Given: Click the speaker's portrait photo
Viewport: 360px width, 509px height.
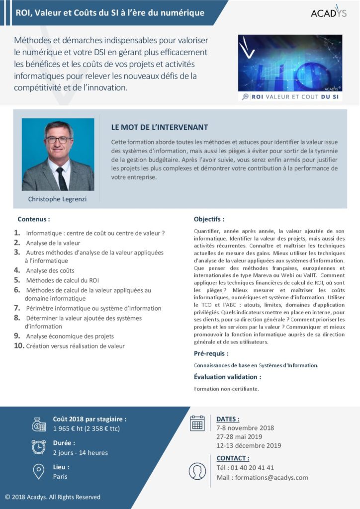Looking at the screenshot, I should pyautogui.click(x=58, y=154).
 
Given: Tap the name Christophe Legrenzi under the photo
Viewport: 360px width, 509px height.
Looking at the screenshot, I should pyautogui.click(x=58, y=199).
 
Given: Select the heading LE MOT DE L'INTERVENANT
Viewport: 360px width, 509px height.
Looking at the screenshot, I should pyautogui.click(x=160, y=128).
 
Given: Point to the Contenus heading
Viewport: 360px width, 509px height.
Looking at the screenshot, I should pyautogui.click(x=34, y=219).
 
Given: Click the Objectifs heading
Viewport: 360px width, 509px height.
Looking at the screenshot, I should pyautogui.click(x=209, y=219).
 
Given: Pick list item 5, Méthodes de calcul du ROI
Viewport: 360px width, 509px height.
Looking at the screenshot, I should pyautogui.click(x=63, y=280).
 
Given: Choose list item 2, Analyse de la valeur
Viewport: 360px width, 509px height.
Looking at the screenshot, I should pyautogui.click(x=53, y=243).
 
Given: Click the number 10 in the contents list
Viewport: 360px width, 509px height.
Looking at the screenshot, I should pyautogui.click(x=19, y=346).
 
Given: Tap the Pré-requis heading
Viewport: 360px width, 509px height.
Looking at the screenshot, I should pyautogui.click(x=211, y=353).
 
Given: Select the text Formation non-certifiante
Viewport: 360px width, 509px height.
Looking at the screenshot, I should pyautogui.click(x=226, y=389).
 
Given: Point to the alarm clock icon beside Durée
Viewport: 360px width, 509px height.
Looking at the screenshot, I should pyautogui.click(x=38, y=447).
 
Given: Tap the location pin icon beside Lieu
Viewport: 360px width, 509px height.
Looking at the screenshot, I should pyautogui.click(x=38, y=471).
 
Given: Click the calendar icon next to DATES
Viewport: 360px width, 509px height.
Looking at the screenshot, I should pyautogui.click(x=197, y=423).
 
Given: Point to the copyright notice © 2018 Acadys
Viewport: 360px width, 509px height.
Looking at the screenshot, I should pyautogui.click(x=53, y=497).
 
